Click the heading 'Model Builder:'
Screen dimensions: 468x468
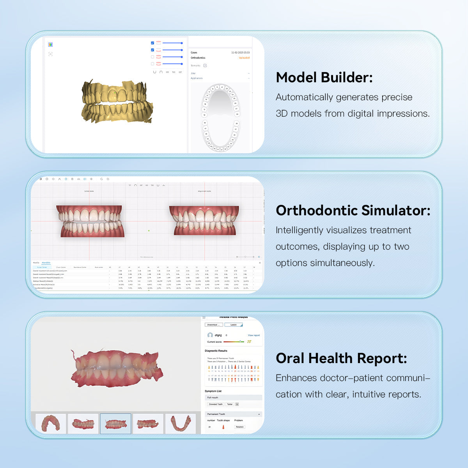point(324,78)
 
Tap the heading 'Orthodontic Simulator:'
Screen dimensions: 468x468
point(353,211)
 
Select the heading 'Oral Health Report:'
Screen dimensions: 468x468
point(341,358)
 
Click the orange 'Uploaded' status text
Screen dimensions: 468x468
point(244,58)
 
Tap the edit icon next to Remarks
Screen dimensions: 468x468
point(205,66)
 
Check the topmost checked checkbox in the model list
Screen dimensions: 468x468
point(152,43)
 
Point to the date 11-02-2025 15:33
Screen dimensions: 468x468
point(240,52)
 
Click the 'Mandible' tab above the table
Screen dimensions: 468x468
point(46,263)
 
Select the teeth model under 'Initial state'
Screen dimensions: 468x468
point(90,221)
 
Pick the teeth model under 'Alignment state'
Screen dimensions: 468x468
point(204,220)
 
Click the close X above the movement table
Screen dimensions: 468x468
point(260,263)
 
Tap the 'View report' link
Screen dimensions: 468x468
point(253,335)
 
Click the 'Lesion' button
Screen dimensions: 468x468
point(234,325)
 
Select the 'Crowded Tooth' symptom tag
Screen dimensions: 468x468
point(216,404)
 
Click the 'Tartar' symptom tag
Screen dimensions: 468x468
point(230,404)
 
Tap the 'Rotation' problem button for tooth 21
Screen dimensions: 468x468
point(239,427)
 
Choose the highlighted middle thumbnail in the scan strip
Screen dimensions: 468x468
point(115,424)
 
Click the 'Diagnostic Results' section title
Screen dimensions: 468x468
point(216,351)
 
